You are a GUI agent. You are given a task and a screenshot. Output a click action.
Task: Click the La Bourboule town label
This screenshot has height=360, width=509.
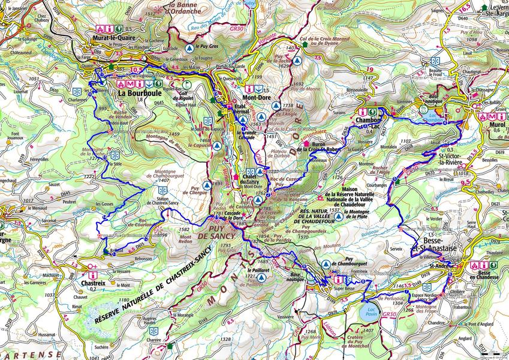tap(137, 94)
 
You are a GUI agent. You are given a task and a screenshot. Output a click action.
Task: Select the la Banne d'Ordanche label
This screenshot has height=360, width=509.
tap(168, 7)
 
